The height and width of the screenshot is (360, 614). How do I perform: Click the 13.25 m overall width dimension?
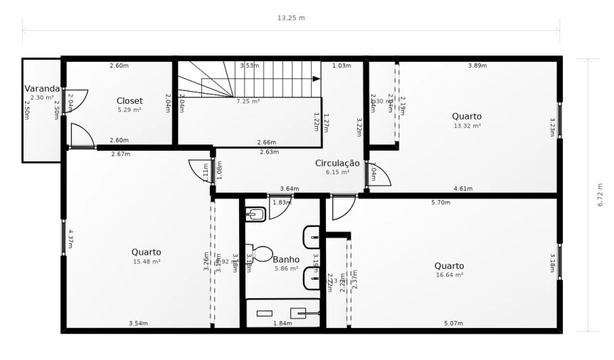[290, 18]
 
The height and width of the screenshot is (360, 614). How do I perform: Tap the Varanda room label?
[42, 89]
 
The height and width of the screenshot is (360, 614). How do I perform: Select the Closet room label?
[129, 101]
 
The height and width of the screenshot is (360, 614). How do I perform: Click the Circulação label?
[337, 163]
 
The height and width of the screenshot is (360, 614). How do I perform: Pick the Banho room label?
[286, 260]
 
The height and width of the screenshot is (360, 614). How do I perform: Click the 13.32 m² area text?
[467, 125]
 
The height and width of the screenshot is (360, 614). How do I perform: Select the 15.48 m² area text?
[146, 261]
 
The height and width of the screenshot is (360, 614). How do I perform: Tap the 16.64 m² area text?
[449, 275]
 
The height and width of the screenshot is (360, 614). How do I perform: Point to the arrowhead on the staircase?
[317, 78]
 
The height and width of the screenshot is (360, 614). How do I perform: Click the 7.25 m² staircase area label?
[248, 102]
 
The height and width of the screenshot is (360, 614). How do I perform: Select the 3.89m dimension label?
[477, 65]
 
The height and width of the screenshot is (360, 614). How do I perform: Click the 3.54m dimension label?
[138, 324]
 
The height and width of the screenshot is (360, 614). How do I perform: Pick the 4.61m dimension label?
[463, 189]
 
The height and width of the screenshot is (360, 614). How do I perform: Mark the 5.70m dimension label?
[440, 202]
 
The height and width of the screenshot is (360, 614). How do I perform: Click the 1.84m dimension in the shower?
[282, 324]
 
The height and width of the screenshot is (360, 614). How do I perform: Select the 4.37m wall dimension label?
[71, 238]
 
